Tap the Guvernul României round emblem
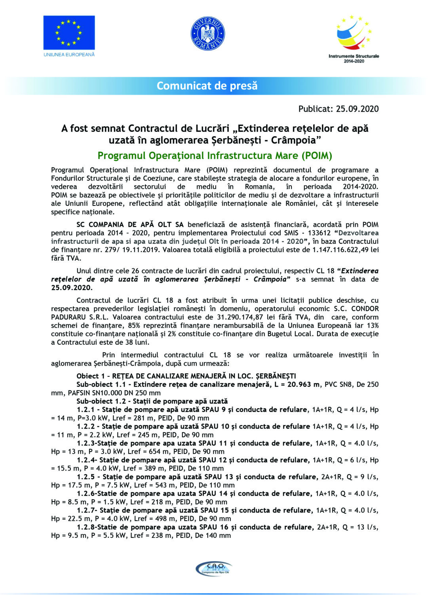(208, 33)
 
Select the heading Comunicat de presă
(207, 86)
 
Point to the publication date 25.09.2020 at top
(357, 109)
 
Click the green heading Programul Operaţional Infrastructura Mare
(215, 156)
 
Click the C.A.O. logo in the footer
(214, 569)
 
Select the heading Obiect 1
(91, 376)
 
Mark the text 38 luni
(137, 342)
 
